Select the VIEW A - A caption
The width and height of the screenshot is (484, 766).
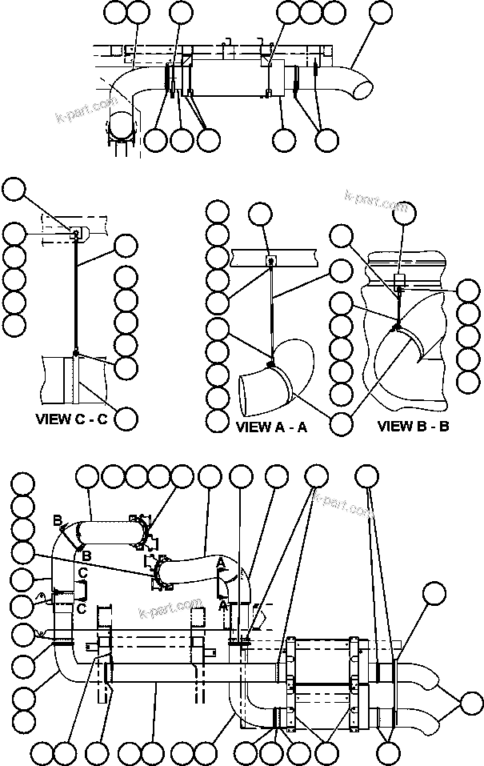coord(271,427)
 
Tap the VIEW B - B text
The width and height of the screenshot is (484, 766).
coord(413,426)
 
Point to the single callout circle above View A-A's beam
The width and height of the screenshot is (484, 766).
coord(260,213)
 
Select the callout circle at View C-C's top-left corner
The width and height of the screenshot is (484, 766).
coord(14,190)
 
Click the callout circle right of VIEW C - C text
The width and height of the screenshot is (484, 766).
coord(126,418)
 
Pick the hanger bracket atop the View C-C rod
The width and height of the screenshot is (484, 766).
coord(76,235)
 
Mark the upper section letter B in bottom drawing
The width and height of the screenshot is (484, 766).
coord(57,520)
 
